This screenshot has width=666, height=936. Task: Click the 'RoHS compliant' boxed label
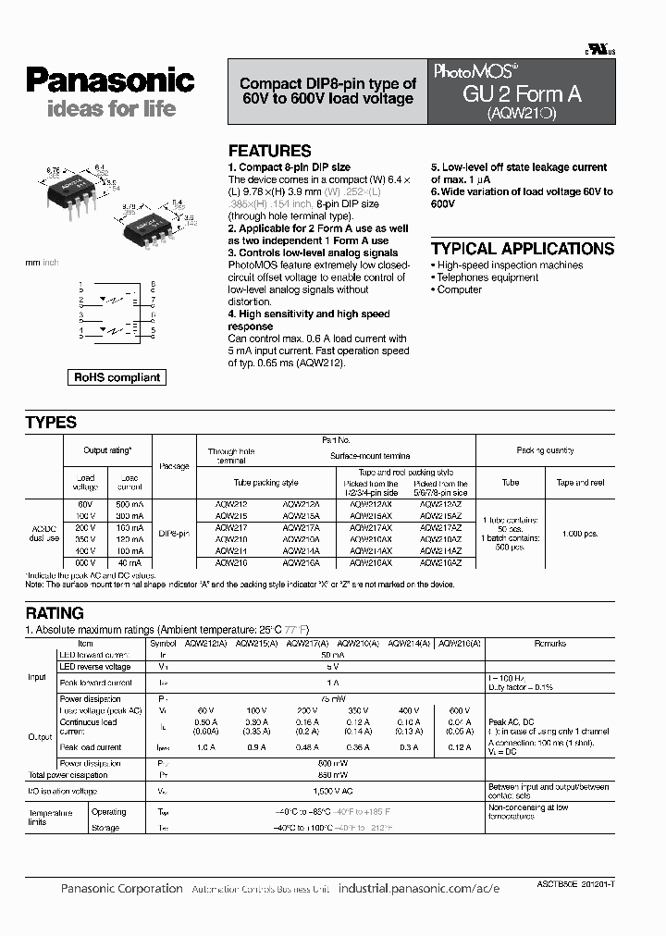117,377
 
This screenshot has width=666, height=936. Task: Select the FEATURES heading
269,151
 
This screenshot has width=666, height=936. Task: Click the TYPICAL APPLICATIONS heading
522,249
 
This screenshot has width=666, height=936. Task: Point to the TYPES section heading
51,423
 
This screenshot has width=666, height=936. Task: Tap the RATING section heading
55,613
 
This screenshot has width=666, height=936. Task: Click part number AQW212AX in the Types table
371,504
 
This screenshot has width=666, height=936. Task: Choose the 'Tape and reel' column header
580,483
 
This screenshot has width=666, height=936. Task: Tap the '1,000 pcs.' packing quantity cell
580,535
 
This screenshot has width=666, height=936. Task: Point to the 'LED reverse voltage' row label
94,666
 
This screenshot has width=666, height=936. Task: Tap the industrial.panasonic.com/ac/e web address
419,888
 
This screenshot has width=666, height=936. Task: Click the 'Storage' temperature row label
105,828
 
